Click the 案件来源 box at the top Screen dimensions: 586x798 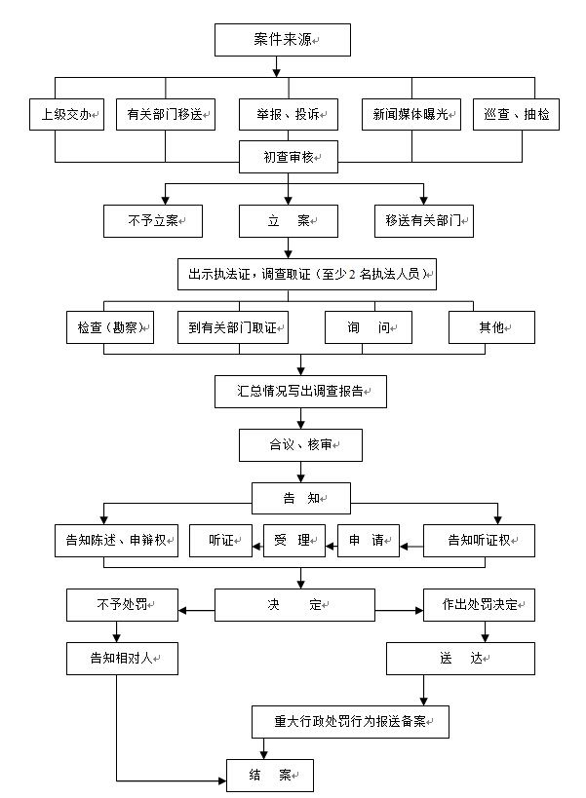(x=283, y=40)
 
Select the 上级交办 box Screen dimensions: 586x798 (x=66, y=115)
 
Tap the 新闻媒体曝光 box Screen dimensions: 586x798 (x=411, y=115)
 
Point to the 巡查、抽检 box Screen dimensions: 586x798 (x=516, y=115)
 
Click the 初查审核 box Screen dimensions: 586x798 (x=289, y=157)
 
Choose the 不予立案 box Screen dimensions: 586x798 (x=153, y=221)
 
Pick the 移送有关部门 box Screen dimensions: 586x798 (x=424, y=221)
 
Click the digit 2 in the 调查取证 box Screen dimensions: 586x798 (x=352, y=275)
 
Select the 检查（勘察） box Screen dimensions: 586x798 (x=110, y=327)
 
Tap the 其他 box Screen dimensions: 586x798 (x=491, y=327)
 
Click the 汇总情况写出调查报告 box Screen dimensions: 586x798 (x=301, y=392)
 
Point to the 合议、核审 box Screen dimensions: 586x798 (x=301, y=445)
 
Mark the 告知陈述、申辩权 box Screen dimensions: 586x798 (x=117, y=541)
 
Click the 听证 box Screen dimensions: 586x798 (x=221, y=541)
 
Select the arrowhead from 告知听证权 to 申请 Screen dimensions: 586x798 (x=405, y=547)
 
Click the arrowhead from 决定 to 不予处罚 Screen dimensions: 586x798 (x=182, y=611)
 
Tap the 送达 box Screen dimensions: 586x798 (x=461, y=659)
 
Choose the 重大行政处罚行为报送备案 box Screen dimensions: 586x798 (x=350, y=722)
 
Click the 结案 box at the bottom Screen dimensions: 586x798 (x=270, y=775)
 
